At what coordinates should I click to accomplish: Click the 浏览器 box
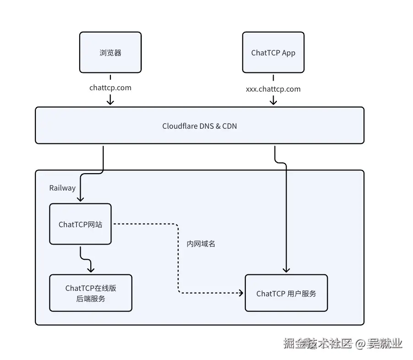pos(110,52)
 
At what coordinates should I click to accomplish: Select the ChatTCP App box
pos(273,52)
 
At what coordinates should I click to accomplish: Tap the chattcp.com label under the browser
pos(110,87)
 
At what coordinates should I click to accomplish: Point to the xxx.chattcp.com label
pos(273,89)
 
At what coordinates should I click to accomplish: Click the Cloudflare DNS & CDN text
pos(199,125)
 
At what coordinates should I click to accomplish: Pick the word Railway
pos(62,188)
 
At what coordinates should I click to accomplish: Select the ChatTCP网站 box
pos(80,224)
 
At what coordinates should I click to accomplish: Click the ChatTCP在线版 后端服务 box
pos(90,293)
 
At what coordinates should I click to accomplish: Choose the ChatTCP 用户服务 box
pos(286,293)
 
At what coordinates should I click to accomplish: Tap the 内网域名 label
pos(201,244)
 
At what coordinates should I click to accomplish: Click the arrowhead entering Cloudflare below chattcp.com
pos(110,102)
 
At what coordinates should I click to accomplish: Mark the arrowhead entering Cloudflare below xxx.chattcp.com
pos(273,102)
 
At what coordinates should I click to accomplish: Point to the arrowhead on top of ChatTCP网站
pos(80,199)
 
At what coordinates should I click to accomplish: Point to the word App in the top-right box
pos(288,53)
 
